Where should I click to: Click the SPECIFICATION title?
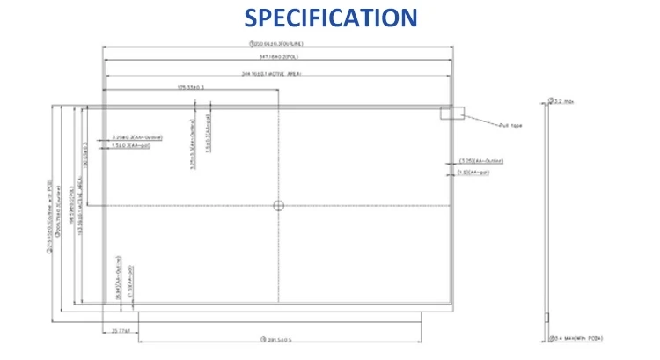tap(330, 17)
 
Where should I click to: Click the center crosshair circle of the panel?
tap(278, 206)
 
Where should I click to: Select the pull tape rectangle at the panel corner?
tap(451, 113)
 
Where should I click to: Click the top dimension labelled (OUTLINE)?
tap(277, 43)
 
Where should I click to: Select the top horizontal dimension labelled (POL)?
tap(278, 58)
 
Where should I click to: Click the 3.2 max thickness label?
tap(561, 101)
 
